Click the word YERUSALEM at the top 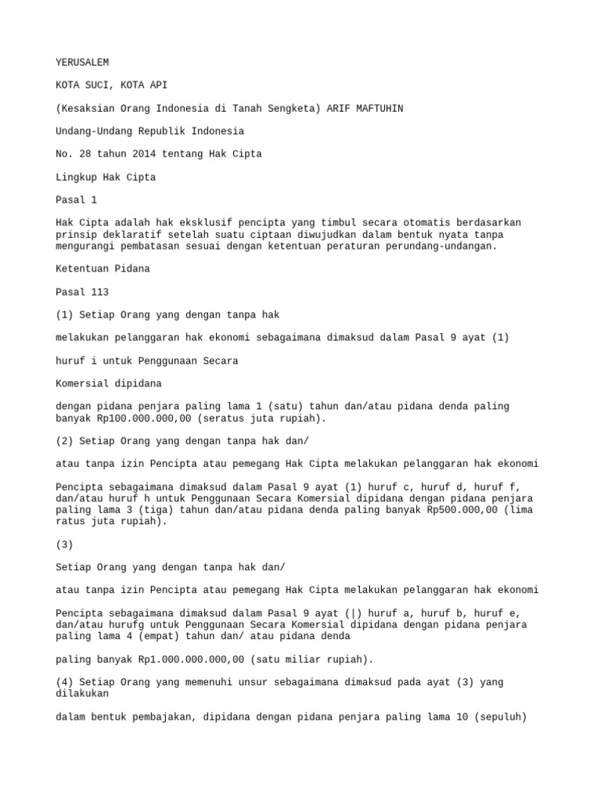82,62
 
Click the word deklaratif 135,235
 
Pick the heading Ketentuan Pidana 104,268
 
